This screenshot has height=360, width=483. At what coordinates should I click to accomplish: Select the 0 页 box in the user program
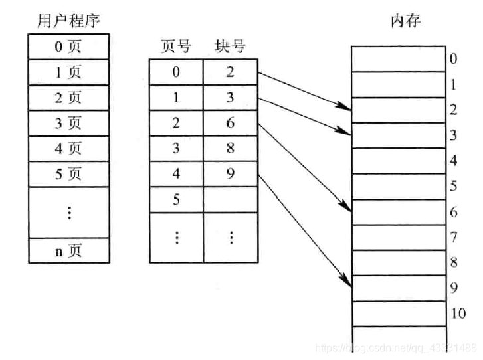pos(68,48)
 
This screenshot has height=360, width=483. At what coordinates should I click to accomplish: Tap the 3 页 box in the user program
pos(68,124)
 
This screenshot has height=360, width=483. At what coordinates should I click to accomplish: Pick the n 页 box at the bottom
pos(68,252)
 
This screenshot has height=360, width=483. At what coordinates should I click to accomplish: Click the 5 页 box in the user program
pos(68,175)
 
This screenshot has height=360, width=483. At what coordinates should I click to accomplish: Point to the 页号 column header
pos(176,47)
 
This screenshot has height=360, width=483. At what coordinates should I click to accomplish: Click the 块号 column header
pos(231,47)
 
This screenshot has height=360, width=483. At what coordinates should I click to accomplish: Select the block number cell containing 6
pos(231,124)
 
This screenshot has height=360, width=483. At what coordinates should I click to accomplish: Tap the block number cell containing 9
pos(231,174)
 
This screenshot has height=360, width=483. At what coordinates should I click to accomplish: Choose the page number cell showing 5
pos(176,199)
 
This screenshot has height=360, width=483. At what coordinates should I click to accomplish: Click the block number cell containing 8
pos(231,149)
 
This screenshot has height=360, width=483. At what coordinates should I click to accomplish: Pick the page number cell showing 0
pos(176,72)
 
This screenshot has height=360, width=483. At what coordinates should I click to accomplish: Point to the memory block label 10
pos(458,314)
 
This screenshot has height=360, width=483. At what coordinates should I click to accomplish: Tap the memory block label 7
pos(454,237)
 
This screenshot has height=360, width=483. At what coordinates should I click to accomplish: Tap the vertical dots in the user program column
pos(68,213)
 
